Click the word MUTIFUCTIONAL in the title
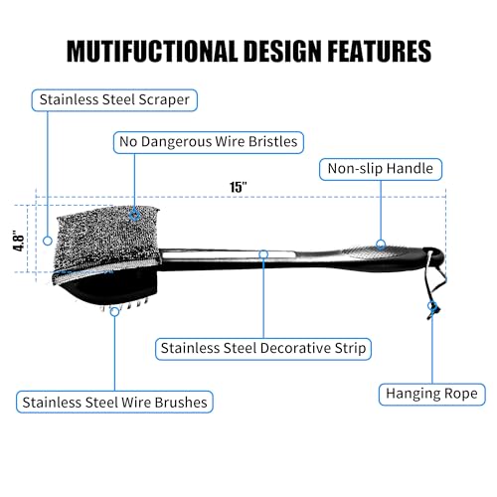click(153, 51)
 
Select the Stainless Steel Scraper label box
click(114, 100)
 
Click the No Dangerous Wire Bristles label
click(209, 142)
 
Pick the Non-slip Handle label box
click(381, 169)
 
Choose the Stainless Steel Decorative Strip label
click(263, 349)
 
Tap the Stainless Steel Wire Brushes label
click(114, 402)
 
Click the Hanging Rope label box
click(432, 395)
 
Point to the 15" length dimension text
click(239, 187)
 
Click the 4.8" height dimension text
click(19, 241)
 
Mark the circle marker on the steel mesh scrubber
click(134, 216)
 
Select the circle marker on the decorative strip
click(263, 254)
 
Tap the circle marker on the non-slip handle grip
click(381, 245)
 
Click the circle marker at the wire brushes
click(114, 311)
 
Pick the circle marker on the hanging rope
click(431, 305)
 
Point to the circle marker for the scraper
click(48, 241)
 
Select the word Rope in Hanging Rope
click(461, 395)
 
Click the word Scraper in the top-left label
click(164, 100)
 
